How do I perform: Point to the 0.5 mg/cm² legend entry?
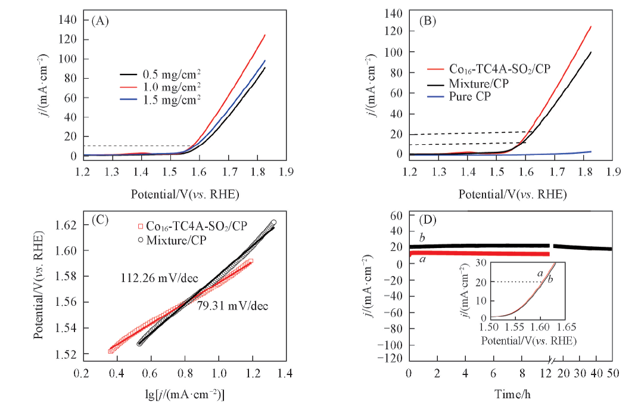pos(171,75)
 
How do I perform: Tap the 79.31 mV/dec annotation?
pos(232,306)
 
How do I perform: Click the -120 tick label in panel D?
pos(389,358)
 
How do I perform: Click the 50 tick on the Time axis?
pos(613,373)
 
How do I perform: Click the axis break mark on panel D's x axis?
pos(552,362)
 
